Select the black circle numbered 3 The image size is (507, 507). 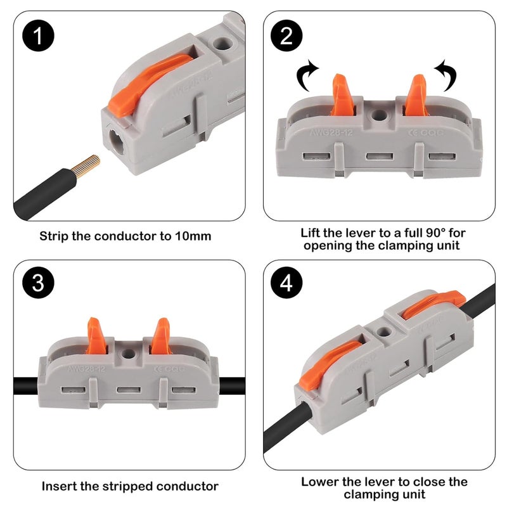[39, 283]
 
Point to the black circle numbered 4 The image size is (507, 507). [286, 283]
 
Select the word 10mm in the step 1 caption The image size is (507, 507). [193, 236]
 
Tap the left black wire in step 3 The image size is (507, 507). [28, 384]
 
